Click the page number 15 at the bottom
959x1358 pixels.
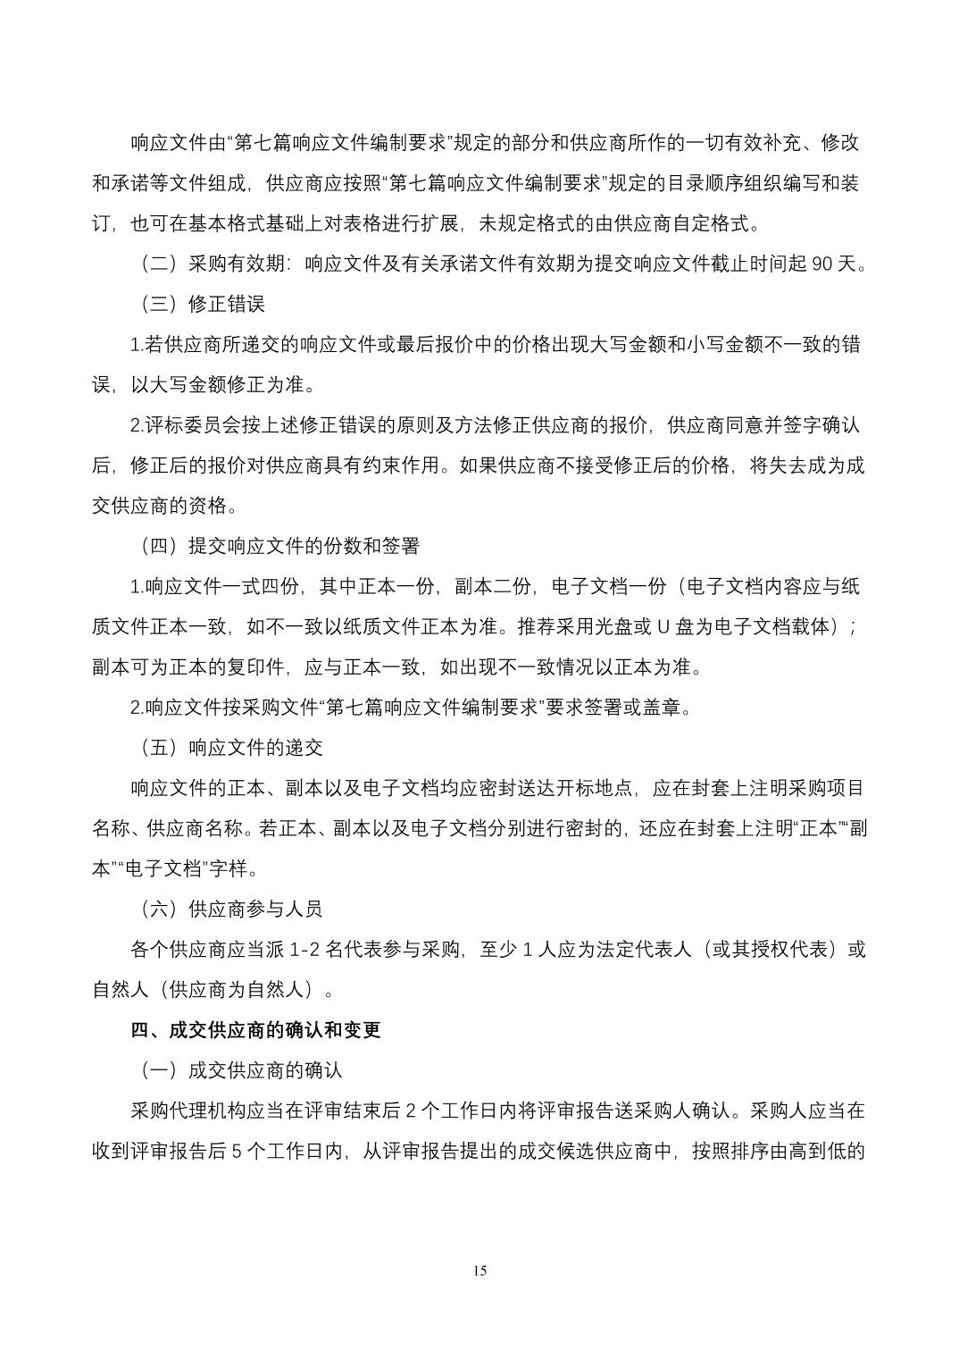click(480, 1271)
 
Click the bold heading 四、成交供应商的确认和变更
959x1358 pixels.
click(255, 1029)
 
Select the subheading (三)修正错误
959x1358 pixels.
click(202, 304)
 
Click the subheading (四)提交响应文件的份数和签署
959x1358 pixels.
click(279, 546)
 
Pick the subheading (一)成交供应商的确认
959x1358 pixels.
click(240, 1070)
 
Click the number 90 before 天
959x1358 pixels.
click(824, 264)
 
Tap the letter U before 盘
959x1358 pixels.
click(663, 626)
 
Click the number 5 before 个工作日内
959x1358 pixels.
click(238, 1151)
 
